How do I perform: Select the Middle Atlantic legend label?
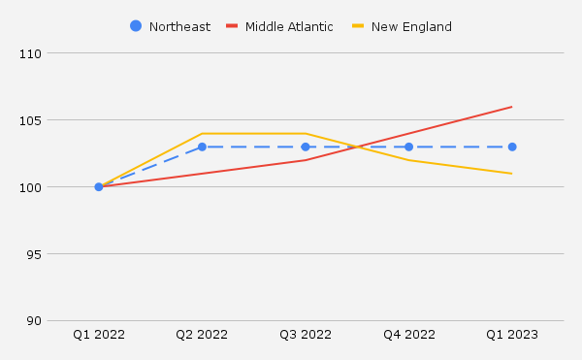[289, 26]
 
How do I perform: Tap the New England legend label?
[411, 26]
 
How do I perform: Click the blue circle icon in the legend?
[136, 26]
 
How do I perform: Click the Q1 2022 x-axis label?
[99, 335]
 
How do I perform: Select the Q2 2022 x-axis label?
[202, 335]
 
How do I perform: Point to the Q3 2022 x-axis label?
[306, 335]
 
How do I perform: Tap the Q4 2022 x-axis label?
[408, 335]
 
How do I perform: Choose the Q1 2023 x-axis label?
[512, 335]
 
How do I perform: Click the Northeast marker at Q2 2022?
[202, 147]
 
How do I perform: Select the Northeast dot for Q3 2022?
[306, 147]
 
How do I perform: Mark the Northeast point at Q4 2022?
[408, 147]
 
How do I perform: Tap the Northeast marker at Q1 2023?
[512, 147]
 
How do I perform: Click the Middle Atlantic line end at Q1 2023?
[512, 107]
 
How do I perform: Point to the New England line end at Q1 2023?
[512, 174]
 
